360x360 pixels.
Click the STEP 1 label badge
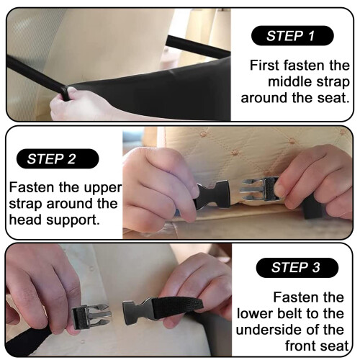[x=292, y=35]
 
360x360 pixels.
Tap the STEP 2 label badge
[x=58, y=158]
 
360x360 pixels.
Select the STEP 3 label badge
[x=297, y=268]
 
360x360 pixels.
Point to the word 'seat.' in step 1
[x=333, y=98]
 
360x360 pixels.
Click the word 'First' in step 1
[x=265, y=65]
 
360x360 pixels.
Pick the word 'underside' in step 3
[x=271, y=330]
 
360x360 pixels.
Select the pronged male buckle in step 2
[x=261, y=189]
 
